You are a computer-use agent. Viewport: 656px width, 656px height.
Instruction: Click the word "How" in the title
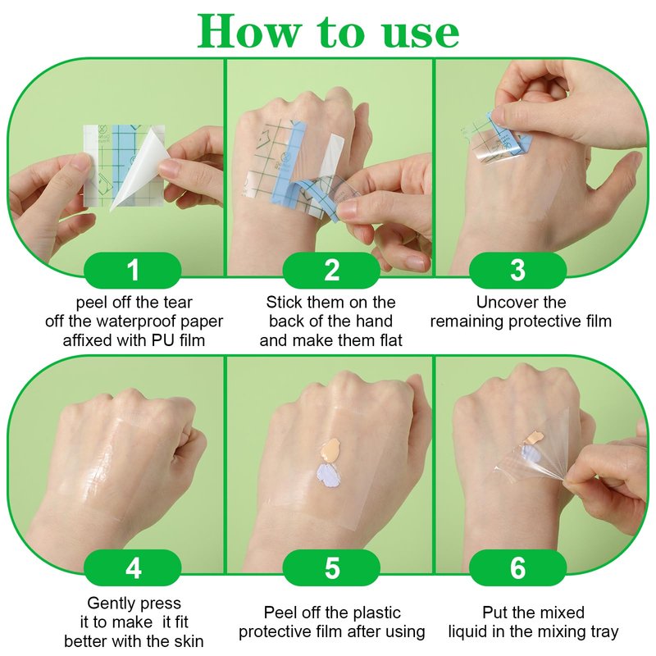pos(249,31)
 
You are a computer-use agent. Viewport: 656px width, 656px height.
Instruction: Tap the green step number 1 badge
pos(133,271)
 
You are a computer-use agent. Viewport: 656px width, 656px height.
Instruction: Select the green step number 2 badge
pos(331,271)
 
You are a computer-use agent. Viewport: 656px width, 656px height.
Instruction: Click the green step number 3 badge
pos(517,271)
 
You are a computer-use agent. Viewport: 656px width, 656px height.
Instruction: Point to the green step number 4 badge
pos(133,567)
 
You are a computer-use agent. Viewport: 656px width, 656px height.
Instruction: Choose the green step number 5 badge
pos(331,567)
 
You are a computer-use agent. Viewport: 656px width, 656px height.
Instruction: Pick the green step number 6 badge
pos(517,567)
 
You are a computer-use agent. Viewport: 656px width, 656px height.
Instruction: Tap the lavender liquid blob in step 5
pos(329,476)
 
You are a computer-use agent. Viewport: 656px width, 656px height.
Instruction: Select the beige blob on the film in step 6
pos(533,438)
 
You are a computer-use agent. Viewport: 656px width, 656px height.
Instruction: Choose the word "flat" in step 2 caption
pos(391,340)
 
